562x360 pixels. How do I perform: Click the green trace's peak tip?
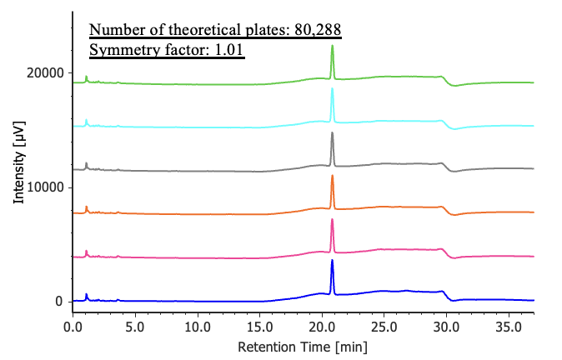coord(332,47)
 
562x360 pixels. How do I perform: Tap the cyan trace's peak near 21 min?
coord(332,90)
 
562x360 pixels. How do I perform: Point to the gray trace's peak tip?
coord(332,133)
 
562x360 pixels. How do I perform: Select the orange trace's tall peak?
coord(332,176)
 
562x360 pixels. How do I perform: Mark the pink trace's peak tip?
coord(332,220)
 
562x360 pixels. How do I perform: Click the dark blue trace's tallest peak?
coord(332,261)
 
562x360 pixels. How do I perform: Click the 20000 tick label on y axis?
coord(45,73)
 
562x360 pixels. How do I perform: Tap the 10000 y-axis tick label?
coord(45,187)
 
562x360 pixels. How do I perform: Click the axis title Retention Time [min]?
coord(302,346)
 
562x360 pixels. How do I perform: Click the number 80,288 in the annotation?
coord(317,31)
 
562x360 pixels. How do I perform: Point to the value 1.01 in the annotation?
coord(228,50)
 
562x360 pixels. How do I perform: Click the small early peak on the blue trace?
coord(87,294)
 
